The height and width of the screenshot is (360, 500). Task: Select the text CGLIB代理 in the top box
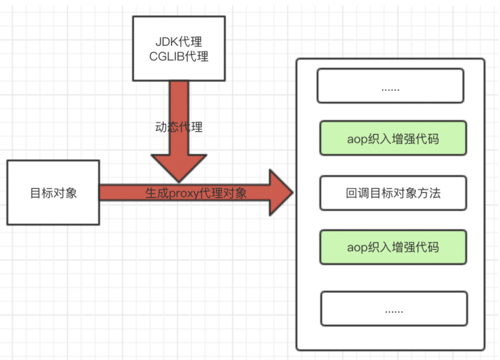178,56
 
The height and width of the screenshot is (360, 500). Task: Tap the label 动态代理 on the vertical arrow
178,126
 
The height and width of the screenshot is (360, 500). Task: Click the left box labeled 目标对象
53,193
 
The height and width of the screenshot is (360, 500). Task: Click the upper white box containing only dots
390,86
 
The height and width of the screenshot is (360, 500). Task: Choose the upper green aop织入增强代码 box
393,138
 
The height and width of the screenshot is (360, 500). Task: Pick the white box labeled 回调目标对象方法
393,193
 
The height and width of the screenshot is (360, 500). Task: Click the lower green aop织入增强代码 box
393,247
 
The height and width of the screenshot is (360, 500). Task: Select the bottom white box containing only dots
394,309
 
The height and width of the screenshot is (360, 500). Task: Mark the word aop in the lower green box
356,247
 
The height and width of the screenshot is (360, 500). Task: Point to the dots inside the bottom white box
394,310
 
